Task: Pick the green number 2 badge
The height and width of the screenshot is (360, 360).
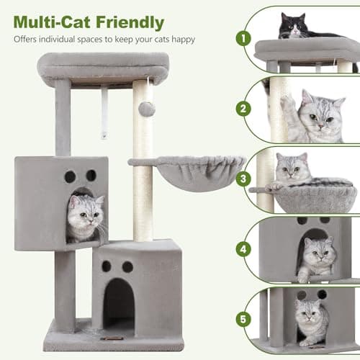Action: (246, 110)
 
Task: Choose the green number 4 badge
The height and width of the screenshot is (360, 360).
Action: (246, 250)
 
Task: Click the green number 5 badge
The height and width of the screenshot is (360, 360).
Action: (246, 318)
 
